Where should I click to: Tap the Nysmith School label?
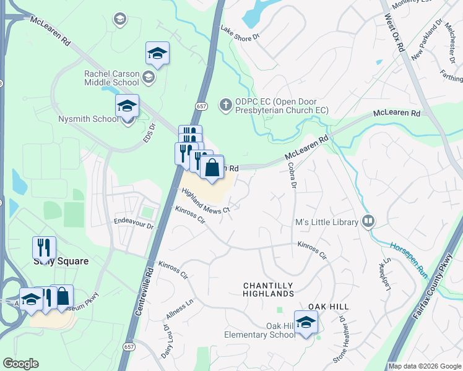pyautogui.click(x=87, y=119)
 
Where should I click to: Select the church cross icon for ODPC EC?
pyautogui.click(x=226, y=104)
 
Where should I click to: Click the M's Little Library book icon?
pyautogui.click(x=368, y=221)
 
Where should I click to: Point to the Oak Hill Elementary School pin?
pyautogui.click(x=305, y=323)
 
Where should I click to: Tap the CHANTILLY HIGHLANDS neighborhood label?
pyautogui.click(x=267, y=289)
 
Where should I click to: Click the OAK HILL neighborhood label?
pyautogui.click(x=329, y=307)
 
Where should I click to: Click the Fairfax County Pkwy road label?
pyautogui.click(x=436, y=309)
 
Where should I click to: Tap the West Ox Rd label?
pyautogui.click(x=394, y=36)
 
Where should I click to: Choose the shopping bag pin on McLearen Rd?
pyautogui.click(x=212, y=168)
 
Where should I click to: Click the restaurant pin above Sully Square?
pyautogui.click(x=44, y=248)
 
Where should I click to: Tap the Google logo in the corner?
pyautogui.click(x=20, y=364)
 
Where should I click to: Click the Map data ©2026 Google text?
pyautogui.click(x=424, y=366)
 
